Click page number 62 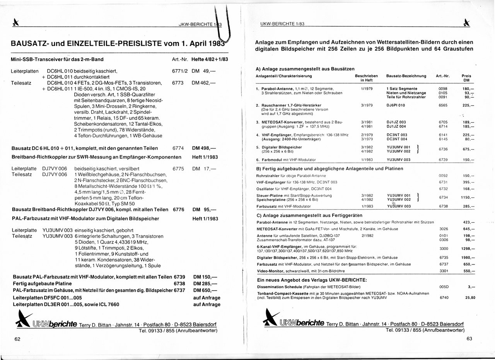(17, 339)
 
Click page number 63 (469, 339)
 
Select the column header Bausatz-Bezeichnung (406, 76)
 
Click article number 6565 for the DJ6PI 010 (443, 105)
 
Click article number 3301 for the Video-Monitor (444, 271)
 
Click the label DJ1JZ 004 (396, 126)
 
